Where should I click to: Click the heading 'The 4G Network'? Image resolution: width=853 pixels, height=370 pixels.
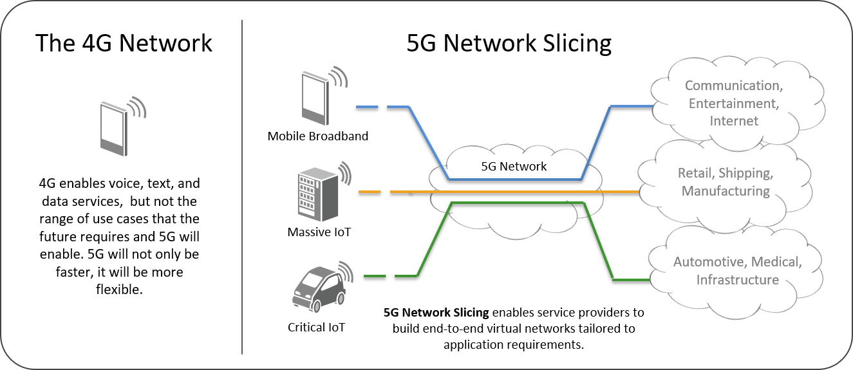click(124, 43)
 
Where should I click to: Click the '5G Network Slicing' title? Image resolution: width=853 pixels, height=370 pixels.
click(509, 43)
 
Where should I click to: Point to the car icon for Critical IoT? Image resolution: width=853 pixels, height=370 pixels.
click(315, 289)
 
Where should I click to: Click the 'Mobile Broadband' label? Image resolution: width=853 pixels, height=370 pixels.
click(318, 136)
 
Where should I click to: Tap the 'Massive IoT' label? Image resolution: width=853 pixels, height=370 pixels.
click(319, 232)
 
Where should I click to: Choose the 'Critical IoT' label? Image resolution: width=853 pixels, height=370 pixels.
click(316, 328)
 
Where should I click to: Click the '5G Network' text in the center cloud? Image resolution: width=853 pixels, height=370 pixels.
click(514, 167)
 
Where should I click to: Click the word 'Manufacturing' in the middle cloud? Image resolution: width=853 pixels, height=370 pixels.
click(726, 191)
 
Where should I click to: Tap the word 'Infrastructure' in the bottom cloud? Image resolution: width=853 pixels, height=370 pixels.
click(737, 280)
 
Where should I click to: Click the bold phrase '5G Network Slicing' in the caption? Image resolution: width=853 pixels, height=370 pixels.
click(436, 313)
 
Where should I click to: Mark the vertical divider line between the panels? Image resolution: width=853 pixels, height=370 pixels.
click(242, 187)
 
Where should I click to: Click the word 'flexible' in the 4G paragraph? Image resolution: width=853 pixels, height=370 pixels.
click(118, 290)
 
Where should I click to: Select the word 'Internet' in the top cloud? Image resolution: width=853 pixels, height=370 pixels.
click(734, 121)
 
